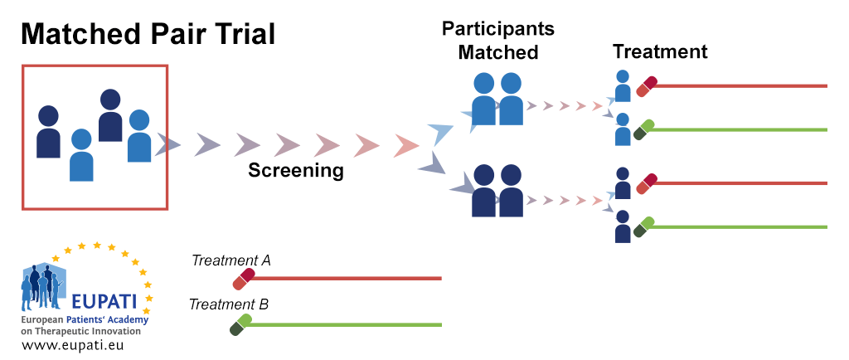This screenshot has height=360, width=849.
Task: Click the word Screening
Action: click(x=296, y=171)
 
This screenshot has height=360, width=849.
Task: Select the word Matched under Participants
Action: click(x=498, y=52)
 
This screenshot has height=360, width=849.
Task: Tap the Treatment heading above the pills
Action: click(x=660, y=51)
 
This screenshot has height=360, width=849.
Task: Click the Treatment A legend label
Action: click(x=231, y=260)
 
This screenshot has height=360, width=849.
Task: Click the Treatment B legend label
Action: click(x=229, y=304)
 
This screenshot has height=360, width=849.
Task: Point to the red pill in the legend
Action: click(x=244, y=279)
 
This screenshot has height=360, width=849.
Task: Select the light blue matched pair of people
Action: click(x=497, y=99)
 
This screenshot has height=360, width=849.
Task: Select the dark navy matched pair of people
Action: click(x=497, y=190)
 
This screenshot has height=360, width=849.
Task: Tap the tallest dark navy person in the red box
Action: click(x=110, y=115)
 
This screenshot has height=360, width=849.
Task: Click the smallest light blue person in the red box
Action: click(x=81, y=155)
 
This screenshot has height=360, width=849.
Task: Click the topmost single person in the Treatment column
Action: click(x=623, y=86)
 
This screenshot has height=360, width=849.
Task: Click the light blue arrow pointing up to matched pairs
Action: click(x=441, y=132)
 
